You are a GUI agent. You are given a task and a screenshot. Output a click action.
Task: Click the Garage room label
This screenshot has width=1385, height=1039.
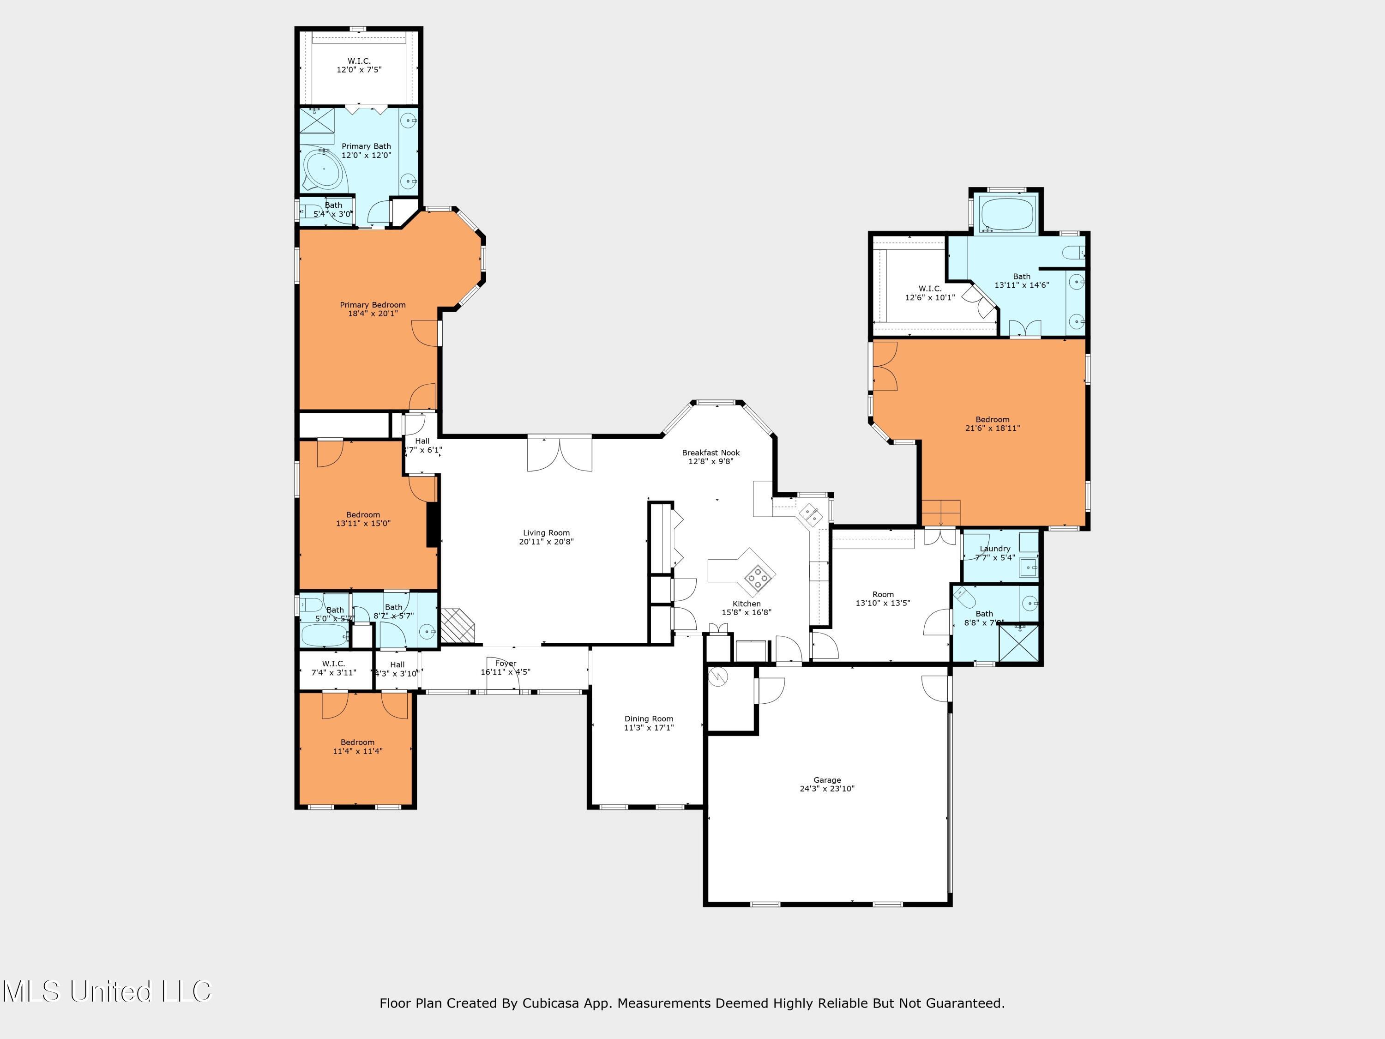[x=827, y=780]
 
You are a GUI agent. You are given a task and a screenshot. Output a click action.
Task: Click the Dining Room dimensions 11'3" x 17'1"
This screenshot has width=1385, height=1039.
[x=649, y=728]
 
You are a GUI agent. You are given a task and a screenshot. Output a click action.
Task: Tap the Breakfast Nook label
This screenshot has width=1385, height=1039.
[x=711, y=452]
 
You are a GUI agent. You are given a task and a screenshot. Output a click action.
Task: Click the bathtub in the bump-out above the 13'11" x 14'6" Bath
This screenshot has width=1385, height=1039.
[x=1007, y=213]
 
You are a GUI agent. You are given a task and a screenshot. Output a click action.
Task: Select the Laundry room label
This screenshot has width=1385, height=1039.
[x=995, y=549]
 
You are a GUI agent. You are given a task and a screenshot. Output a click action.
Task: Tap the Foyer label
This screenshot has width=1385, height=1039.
[x=506, y=663]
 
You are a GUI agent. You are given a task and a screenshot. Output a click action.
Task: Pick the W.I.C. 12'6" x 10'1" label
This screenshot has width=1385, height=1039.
[x=930, y=289]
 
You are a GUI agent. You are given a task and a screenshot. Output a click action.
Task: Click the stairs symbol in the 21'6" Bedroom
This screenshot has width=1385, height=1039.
[x=940, y=513]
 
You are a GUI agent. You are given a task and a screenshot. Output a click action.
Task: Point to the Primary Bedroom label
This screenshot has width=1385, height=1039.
[x=373, y=305]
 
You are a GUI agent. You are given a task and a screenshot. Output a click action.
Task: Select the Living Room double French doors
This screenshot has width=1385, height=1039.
[x=559, y=454]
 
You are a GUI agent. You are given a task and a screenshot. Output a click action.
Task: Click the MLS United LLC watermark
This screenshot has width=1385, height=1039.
[x=107, y=991]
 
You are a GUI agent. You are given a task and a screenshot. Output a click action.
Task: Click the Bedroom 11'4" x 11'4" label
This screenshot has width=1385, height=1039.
[x=357, y=742]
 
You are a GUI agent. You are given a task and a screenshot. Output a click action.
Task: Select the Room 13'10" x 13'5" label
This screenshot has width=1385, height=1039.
[x=883, y=594]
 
